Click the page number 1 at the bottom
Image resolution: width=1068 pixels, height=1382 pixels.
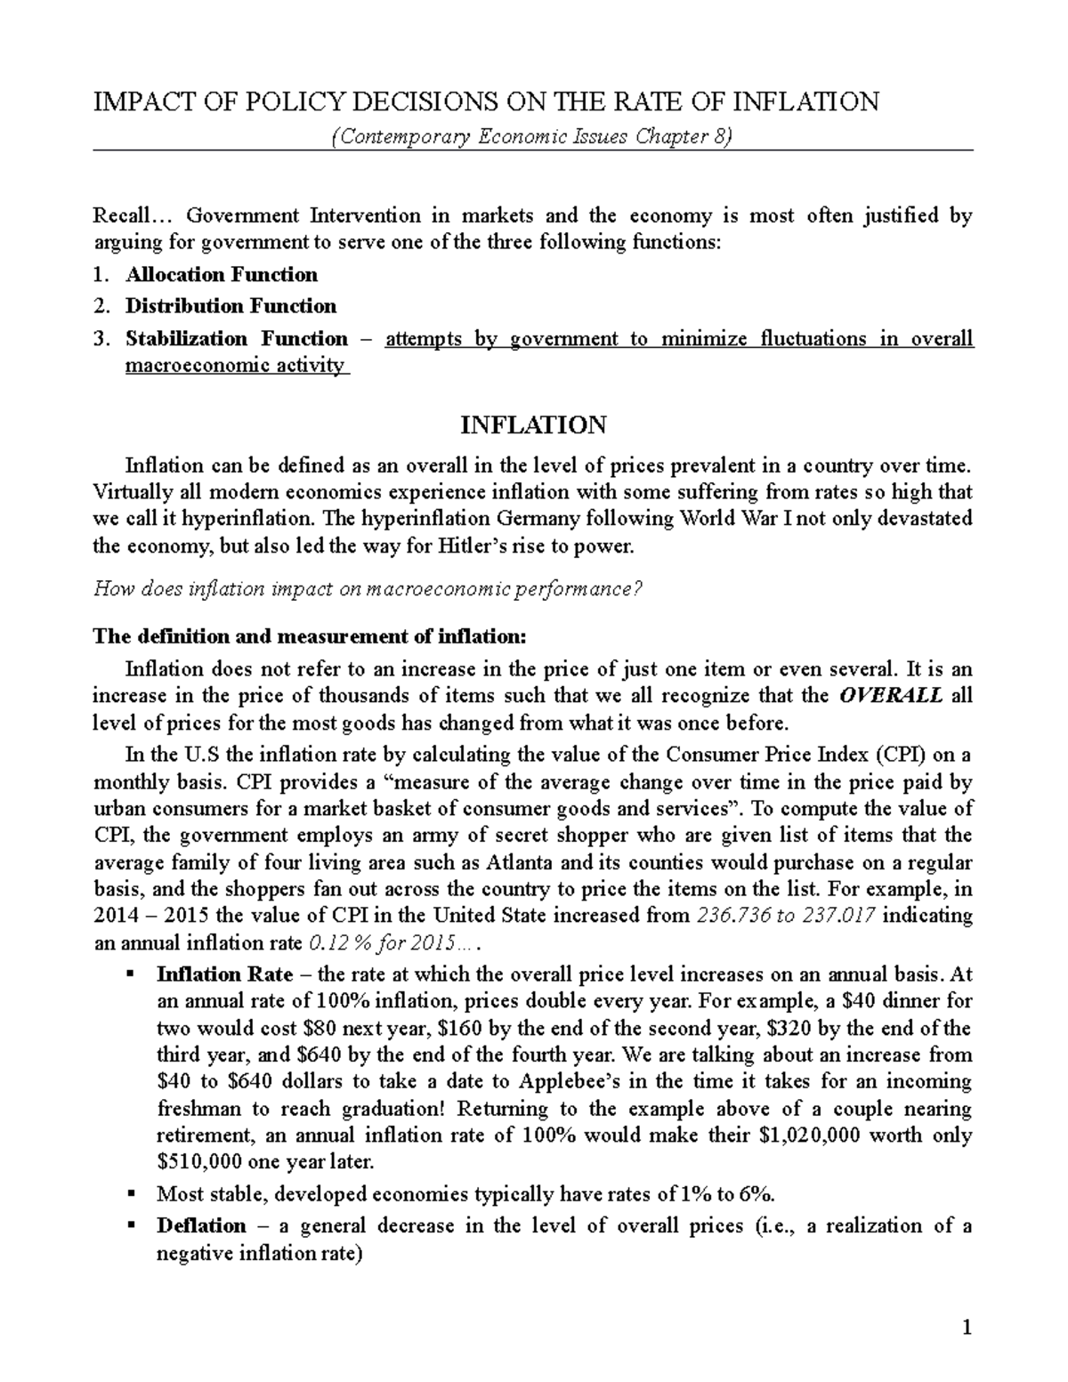[967, 1330]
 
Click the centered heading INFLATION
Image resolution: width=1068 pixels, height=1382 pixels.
[533, 425]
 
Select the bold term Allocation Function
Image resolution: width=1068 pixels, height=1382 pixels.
[221, 274]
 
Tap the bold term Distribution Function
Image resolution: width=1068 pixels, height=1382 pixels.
[231, 306]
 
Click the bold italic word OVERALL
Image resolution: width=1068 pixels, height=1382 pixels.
[891, 695]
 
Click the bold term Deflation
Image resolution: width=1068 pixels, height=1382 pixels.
[201, 1226]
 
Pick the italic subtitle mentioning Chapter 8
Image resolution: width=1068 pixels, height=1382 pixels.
[532, 138]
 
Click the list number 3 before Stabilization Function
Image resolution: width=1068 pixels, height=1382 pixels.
[103, 339]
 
